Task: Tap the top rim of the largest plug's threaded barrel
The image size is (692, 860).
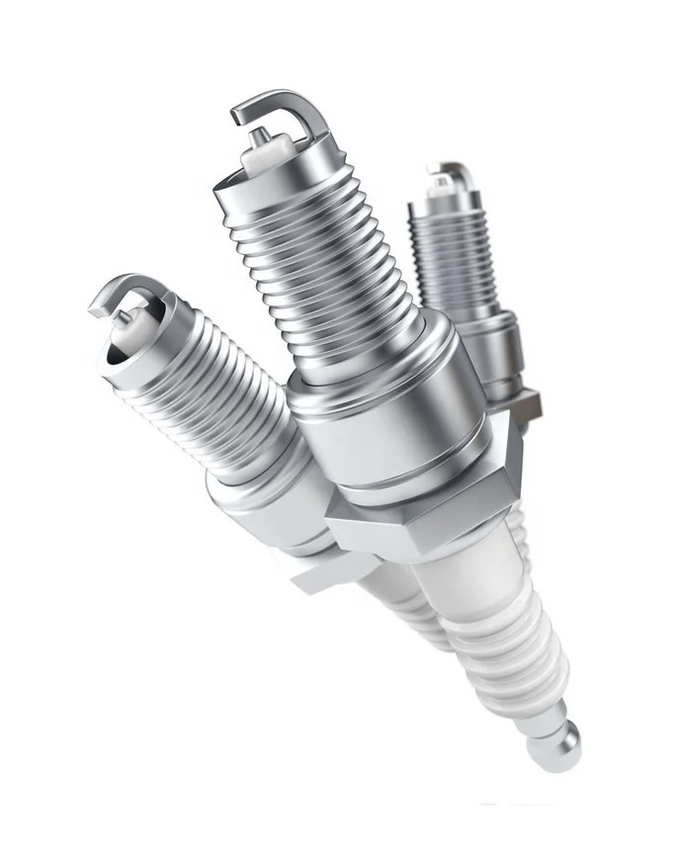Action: (267, 188)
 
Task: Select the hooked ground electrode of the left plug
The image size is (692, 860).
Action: (124, 294)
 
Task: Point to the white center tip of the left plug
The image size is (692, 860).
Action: (124, 321)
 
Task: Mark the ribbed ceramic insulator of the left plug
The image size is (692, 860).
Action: (405, 613)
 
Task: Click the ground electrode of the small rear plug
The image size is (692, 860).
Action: (450, 171)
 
